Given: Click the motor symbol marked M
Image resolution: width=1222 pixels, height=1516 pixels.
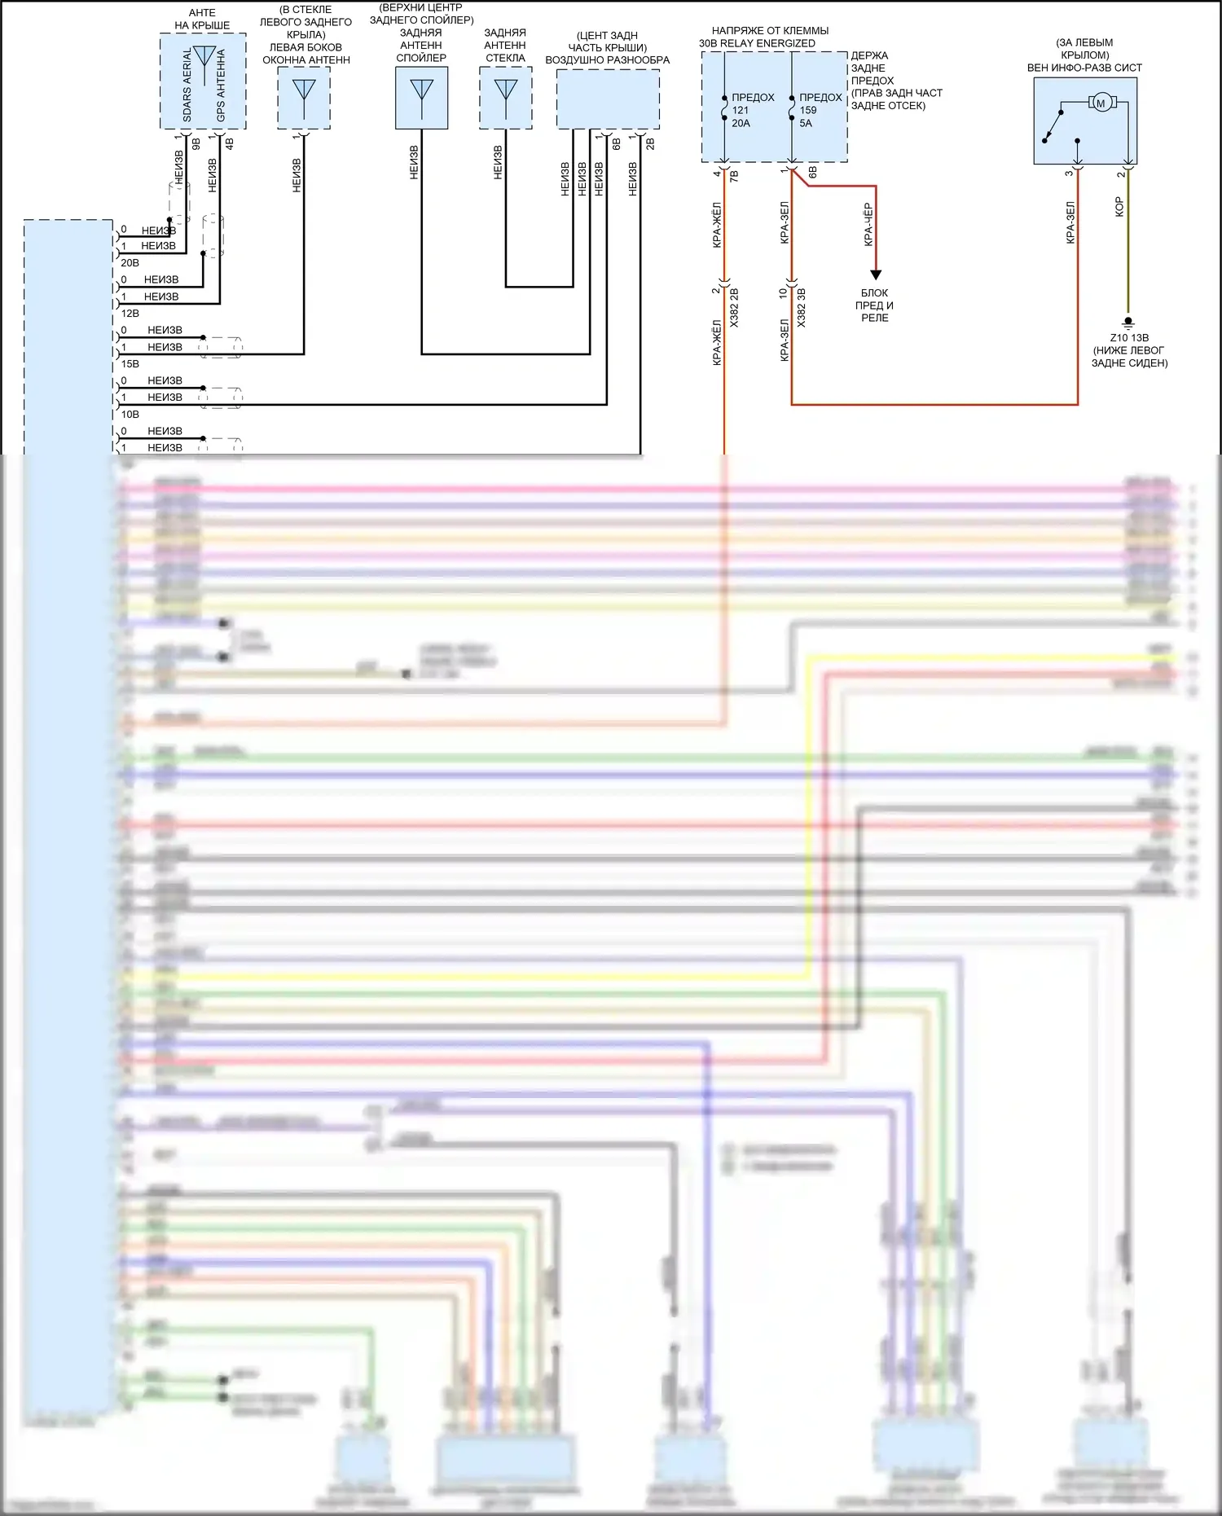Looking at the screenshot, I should tap(1101, 103).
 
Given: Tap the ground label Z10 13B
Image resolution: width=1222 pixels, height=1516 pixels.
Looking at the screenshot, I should tap(1129, 338).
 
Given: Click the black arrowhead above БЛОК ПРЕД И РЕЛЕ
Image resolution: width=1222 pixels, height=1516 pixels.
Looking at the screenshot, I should tap(876, 275).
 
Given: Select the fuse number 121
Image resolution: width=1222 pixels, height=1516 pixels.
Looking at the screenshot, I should tap(740, 110).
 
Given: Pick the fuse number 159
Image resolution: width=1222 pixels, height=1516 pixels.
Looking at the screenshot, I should tap(807, 110).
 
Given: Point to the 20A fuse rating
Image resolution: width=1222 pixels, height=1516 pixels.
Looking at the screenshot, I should tap(741, 123).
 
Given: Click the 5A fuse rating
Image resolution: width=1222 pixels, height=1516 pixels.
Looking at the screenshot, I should tap(806, 123).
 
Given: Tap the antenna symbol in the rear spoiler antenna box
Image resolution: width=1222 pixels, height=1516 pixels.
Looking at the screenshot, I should tap(422, 89).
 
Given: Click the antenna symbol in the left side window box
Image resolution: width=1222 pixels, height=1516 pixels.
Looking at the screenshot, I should tap(304, 89).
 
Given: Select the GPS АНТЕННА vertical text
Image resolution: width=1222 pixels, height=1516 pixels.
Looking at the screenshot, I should tap(221, 86).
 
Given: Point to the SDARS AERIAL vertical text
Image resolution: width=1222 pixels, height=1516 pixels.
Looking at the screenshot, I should tap(187, 86).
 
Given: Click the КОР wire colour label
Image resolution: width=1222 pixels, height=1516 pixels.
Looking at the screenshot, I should tap(1119, 206).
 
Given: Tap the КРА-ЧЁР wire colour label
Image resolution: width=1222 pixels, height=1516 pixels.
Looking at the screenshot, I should tap(868, 224).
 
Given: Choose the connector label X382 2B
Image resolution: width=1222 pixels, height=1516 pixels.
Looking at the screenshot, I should tap(734, 307).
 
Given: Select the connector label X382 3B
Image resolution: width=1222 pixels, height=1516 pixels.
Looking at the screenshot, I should tap(802, 307).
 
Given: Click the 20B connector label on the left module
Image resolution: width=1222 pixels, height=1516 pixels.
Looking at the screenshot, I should tap(130, 263).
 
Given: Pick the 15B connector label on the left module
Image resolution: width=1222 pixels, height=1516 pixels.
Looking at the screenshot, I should tap(130, 364).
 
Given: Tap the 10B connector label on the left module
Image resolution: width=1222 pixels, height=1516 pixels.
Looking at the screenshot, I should tap(130, 415).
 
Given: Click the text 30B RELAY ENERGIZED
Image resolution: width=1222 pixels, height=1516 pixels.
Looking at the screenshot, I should tap(757, 43).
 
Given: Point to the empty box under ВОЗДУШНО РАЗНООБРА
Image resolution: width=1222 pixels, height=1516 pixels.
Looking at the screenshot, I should tap(608, 99).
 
